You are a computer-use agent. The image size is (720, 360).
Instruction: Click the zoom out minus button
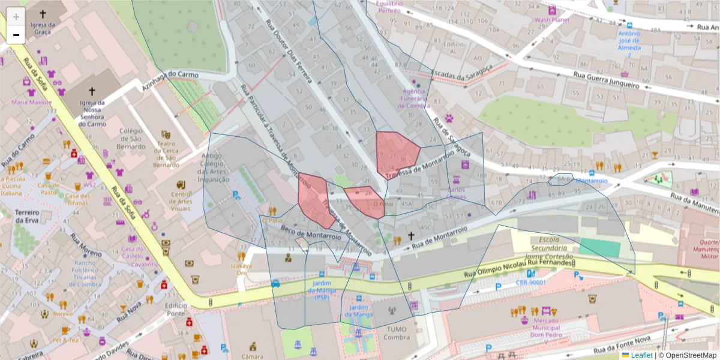[16, 35]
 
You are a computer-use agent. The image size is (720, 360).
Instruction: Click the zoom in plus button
[16, 16]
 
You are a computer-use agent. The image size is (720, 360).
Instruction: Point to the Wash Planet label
[551, 19]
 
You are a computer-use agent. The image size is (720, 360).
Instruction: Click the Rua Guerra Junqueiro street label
[605, 80]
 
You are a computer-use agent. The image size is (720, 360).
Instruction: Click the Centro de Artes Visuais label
[181, 201]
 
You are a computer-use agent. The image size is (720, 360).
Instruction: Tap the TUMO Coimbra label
[392, 333]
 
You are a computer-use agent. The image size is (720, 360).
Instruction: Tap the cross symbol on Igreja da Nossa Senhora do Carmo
[91, 91]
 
